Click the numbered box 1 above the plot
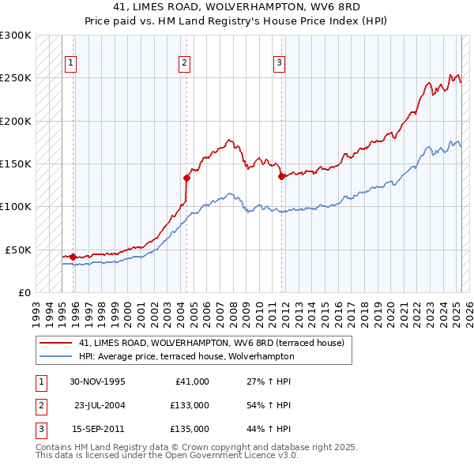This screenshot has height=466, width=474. (71, 64)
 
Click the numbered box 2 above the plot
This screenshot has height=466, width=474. (184, 64)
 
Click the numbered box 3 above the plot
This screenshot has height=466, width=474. (280, 64)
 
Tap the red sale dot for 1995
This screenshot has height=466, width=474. (73, 257)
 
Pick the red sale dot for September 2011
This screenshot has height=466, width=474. (281, 176)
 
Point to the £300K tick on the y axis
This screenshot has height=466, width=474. (16, 36)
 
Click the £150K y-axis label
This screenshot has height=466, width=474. (16, 163)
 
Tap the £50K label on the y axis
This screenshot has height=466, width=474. (18, 250)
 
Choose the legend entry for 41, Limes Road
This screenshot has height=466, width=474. (211, 344)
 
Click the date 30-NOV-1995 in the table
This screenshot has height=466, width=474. (97, 381)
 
